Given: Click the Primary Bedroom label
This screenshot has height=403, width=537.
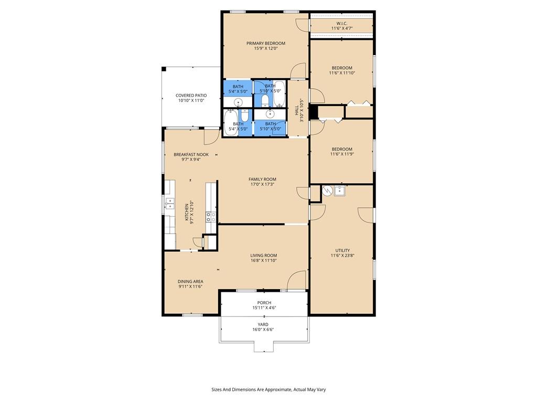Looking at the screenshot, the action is (x=266, y=44).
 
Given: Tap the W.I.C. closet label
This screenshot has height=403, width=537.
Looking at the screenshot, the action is (x=341, y=24).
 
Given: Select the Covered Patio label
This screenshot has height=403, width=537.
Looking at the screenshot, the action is (x=191, y=96).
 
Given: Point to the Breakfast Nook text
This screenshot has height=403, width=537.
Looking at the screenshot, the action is (x=191, y=155).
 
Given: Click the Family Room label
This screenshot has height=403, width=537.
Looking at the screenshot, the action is (x=262, y=179).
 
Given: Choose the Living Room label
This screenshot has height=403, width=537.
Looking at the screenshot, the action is (x=264, y=256).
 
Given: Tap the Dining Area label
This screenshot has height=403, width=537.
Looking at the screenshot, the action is (x=190, y=281).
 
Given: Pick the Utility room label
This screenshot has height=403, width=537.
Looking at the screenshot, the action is (x=342, y=250).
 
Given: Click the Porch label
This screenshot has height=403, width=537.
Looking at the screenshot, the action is (x=264, y=303).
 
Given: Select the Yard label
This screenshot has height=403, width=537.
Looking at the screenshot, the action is (x=263, y=324).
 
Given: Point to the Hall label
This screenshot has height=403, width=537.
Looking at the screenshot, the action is (x=297, y=110).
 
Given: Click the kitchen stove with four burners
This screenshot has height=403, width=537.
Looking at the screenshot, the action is (x=211, y=217).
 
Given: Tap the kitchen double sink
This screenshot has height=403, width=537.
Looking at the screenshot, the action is (x=169, y=203).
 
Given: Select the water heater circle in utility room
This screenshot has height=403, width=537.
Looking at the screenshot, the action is (x=327, y=190).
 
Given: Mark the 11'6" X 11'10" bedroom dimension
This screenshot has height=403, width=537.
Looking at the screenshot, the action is (x=342, y=73).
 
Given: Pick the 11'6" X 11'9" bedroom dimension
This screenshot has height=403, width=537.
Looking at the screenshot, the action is (x=342, y=154).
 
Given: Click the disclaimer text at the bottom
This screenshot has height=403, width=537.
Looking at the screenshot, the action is (x=268, y=390).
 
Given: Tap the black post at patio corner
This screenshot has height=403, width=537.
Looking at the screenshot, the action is (x=164, y=69).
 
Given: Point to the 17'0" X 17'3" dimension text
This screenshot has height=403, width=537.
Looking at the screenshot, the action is (x=262, y=184).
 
